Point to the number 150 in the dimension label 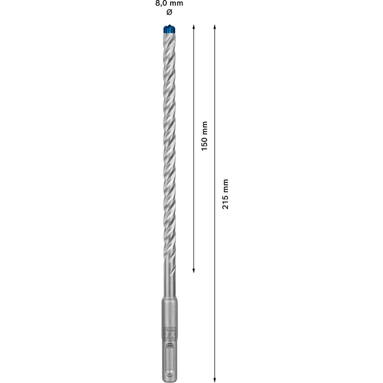(204, 142)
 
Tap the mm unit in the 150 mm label (204, 126)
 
